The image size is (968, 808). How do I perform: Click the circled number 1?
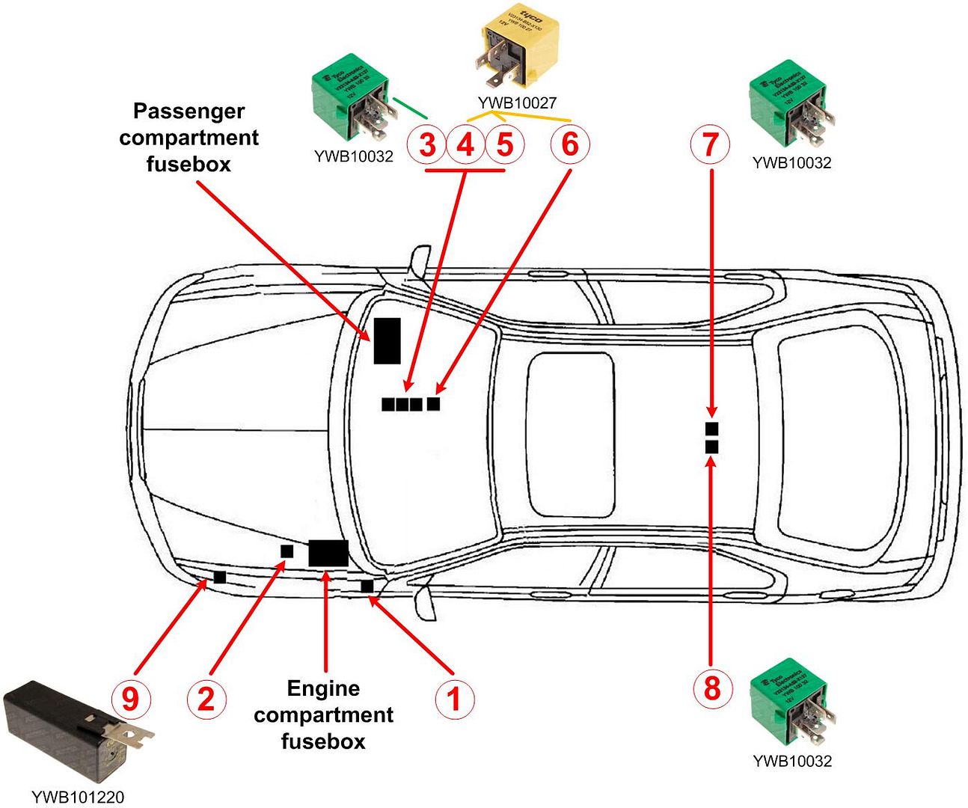pos(454,700)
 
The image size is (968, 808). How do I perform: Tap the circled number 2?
pos(206,700)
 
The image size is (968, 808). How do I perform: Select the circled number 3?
pos(427,144)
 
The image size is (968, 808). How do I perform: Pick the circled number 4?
pos(466,144)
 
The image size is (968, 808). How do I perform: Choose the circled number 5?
pos(505,144)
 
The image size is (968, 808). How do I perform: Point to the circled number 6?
pos(570,144)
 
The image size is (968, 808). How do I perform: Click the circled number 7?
pos(711,144)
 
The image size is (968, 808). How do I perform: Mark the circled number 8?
pos(711,687)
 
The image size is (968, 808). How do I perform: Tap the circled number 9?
pos(131,700)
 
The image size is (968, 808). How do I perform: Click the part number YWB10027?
pos(517,102)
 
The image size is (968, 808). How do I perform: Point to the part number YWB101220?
pos(78,798)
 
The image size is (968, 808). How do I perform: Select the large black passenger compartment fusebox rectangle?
pos(387,340)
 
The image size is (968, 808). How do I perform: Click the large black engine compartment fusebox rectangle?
pos(328,553)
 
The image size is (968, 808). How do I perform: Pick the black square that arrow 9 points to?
pos(220,577)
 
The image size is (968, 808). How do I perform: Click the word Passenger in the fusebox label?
pos(189,111)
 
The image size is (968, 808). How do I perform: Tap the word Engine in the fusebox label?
pos(323,688)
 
